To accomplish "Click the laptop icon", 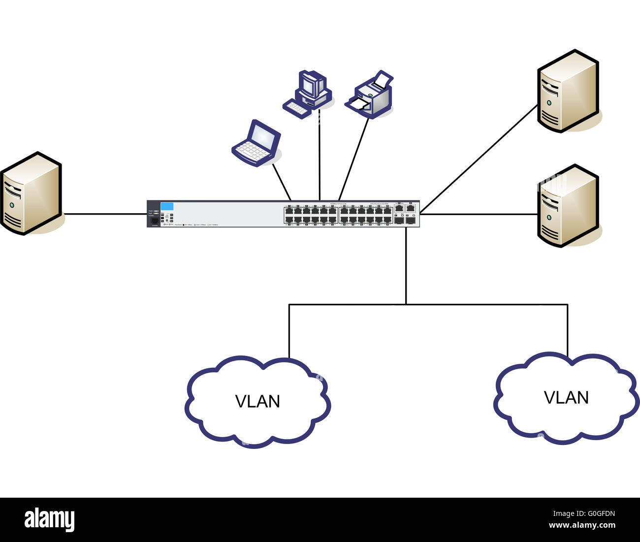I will click(256, 143).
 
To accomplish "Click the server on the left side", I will click(31, 193).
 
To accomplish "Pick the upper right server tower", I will click(568, 91).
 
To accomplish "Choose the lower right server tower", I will click(568, 206).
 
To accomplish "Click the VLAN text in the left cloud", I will click(257, 402).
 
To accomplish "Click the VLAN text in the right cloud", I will click(566, 398).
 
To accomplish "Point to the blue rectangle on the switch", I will click(167, 206).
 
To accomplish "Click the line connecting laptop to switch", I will click(282, 182).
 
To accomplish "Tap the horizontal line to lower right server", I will click(478, 214).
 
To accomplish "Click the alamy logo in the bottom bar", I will click(49, 520).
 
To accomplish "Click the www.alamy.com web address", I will click(582, 526).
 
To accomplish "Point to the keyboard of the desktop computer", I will click(297, 109).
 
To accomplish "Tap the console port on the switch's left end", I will click(155, 222).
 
